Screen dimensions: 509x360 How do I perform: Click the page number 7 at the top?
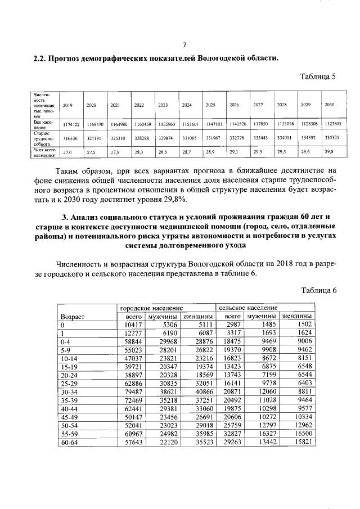184,46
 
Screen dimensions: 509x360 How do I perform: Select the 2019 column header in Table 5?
67,105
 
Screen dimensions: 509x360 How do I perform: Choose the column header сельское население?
248,309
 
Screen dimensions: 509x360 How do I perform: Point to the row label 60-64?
69,443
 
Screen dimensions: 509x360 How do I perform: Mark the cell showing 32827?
232,435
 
